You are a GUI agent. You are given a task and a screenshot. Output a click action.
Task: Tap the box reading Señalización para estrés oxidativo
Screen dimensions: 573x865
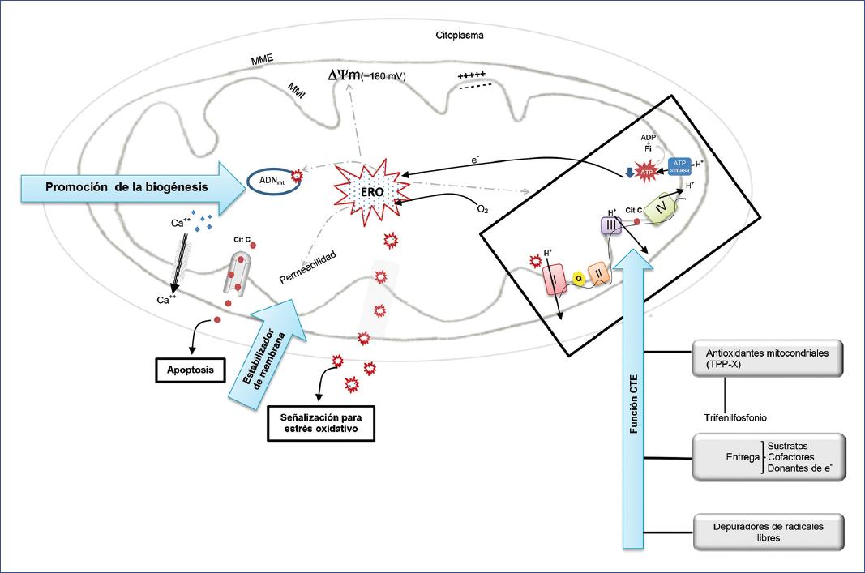tap(321, 423)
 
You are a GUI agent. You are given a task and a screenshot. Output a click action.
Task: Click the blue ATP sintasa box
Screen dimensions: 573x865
tap(679, 166)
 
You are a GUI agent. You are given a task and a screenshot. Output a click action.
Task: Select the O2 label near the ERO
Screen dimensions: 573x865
tap(482, 210)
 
